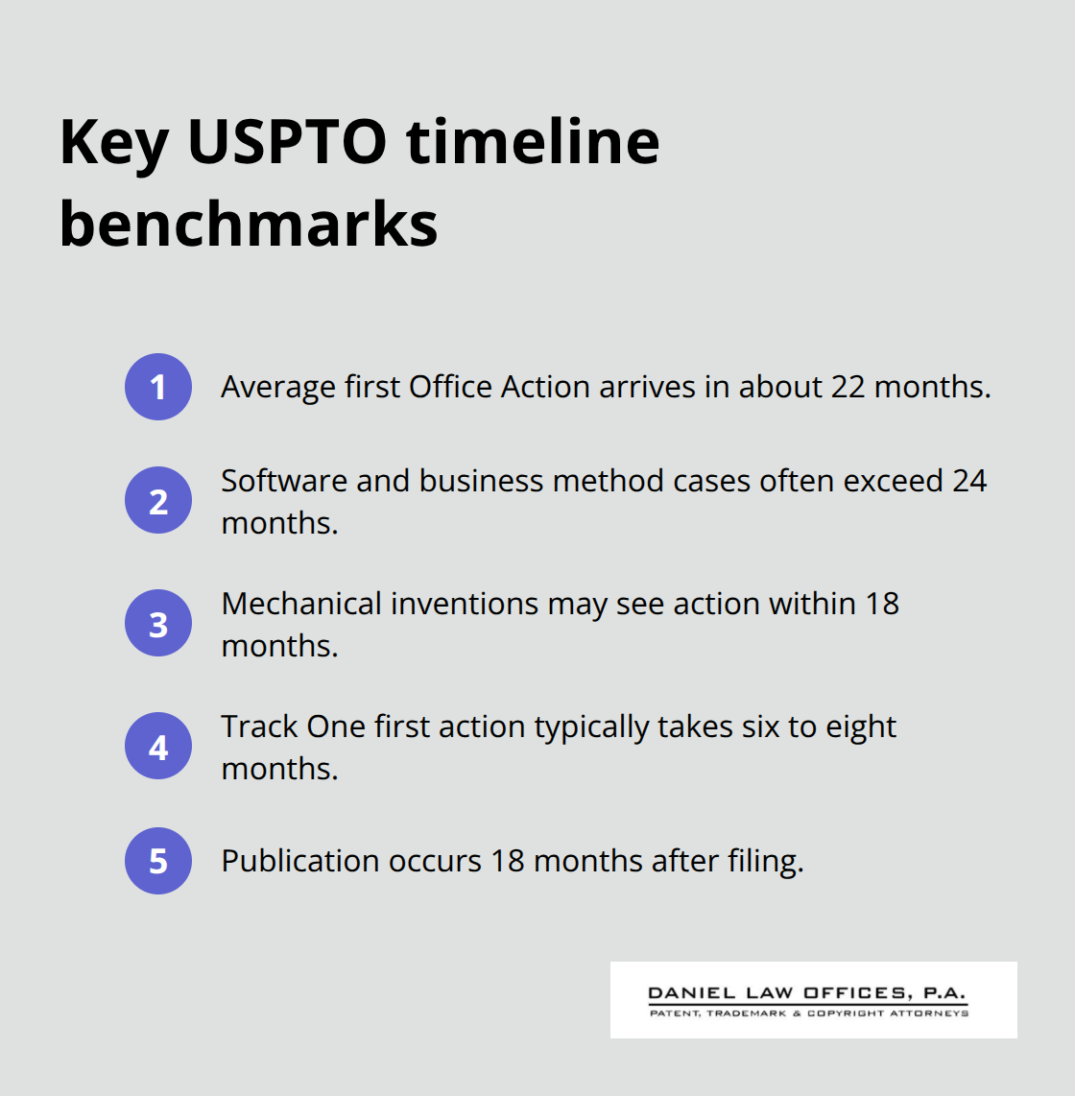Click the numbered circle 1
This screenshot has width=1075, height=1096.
pyautogui.click(x=158, y=387)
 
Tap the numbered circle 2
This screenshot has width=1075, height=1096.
pyautogui.click(x=158, y=500)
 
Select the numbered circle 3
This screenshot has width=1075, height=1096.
pyautogui.click(x=158, y=623)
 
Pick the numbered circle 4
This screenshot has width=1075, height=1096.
pyautogui.click(x=158, y=746)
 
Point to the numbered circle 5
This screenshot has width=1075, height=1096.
pyautogui.click(x=158, y=861)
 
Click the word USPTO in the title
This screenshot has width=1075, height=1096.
pyautogui.click(x=286, y=142)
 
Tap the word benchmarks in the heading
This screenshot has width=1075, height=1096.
pyautogui.click(x=249, y=225)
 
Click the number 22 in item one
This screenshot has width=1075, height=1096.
pyautogui.click(x=848, y=387)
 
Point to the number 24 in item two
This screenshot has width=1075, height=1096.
pyautogui.click(x=969, y=480)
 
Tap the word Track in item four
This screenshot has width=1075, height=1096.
pyautogui.click(x=259, y=726)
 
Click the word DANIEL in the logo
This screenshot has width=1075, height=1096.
pyautogui.click(x=691, y=993)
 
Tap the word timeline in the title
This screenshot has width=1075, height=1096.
pyautogui.click(x=533, y=142)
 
